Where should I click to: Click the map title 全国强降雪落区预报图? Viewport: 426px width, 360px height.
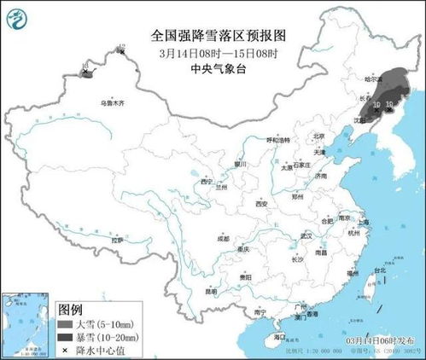213,36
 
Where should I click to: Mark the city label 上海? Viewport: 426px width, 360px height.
365,221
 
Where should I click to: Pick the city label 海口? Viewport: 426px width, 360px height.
281,338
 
